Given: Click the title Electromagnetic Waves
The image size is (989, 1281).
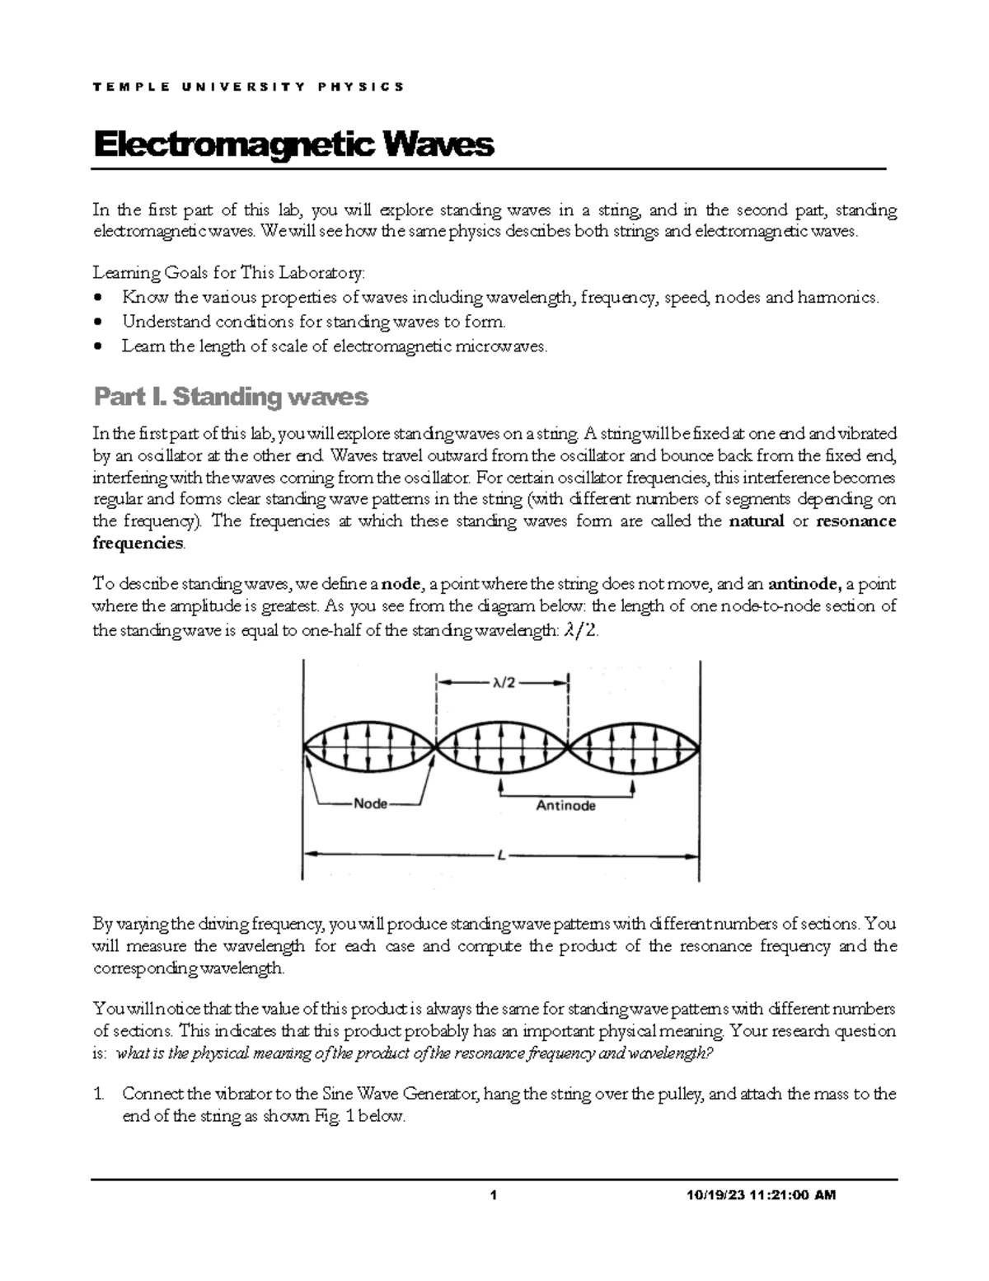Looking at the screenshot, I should (x=293, y=145).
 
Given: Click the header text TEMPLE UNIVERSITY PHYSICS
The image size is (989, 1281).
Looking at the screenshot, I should (x=248, y=87).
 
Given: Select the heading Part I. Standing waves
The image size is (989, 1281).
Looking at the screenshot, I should (x=231, y=398).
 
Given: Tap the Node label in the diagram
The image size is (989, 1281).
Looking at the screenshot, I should (x=370, y=803).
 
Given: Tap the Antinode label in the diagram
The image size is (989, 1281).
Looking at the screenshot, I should (x=565, y=806).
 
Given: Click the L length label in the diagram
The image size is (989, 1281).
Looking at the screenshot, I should (x=500, y=855).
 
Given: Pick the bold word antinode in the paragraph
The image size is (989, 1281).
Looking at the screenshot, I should (x=804, y=585).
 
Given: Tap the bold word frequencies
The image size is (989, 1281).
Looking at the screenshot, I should (x=138, y=543).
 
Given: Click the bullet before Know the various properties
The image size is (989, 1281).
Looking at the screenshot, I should (x=100, y=298).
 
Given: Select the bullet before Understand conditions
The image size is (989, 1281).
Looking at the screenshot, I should (x=100, y=323).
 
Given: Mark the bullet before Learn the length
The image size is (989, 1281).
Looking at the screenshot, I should (x=100, y=346).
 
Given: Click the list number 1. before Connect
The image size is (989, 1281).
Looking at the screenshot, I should (x=99, y=1095).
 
